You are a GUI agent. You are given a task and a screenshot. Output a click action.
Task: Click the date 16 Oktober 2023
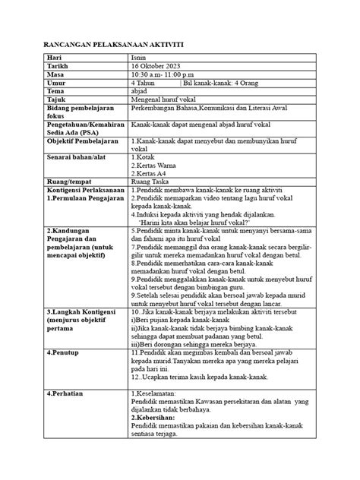[x=159, y=66]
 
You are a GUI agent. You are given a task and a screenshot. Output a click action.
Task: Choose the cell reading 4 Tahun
[x=148, y=83]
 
